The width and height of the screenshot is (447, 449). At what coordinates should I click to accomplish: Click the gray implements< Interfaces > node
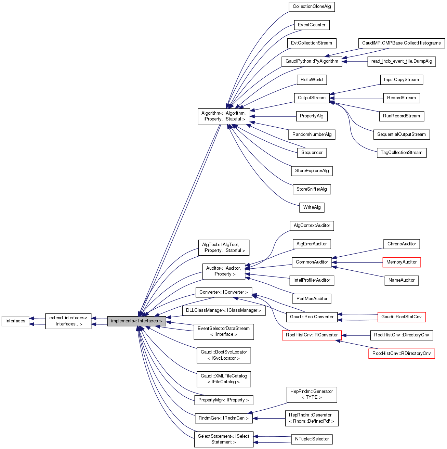(x=136, y=321)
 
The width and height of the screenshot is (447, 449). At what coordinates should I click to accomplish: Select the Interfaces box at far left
(x=15, y=321)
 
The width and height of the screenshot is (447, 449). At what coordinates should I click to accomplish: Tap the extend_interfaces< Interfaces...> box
(x=68, y=321)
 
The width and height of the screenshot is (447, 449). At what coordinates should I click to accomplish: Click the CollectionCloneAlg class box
(x=312, y=7)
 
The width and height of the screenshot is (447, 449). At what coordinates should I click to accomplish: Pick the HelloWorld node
(x=312, y=80)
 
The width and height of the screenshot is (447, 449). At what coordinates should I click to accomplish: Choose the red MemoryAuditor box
(x=401, y=262)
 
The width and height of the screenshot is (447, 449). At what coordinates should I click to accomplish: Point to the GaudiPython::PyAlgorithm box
(x=312, y=62)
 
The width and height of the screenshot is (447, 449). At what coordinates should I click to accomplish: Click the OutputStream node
(x=312, y=98)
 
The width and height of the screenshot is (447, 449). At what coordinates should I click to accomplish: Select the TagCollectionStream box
(x=401, y=153)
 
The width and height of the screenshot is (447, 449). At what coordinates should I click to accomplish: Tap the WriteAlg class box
(x=312, y=207)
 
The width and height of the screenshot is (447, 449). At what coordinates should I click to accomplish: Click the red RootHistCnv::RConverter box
(x=312, y=335)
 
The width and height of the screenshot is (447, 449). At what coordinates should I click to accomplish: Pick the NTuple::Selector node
(x=312, y=439)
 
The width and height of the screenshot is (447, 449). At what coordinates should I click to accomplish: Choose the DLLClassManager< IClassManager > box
(x=224, y=310)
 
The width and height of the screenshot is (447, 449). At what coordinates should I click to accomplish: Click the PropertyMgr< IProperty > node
(x=224, y=400)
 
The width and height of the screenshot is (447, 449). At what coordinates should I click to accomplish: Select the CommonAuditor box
(x=312, y=262)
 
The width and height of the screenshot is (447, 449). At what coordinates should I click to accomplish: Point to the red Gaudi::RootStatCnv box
(x=401, y=317)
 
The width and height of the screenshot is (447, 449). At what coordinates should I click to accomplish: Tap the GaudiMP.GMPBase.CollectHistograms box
(x=401, y=43)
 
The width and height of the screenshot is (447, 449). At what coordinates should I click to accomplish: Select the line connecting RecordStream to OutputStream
(x=356, y=98)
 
